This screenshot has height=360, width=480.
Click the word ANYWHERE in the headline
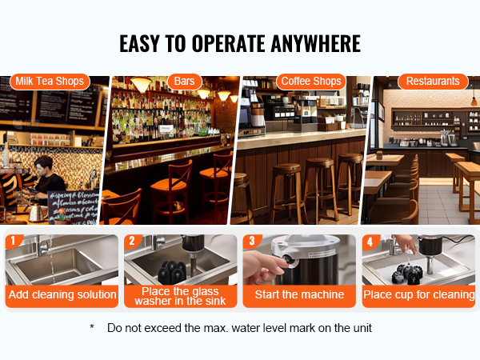point(316,43)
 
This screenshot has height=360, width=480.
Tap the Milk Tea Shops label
point(50,82)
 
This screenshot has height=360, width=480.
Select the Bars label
point(184,82)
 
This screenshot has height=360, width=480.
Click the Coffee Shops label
point(311,82)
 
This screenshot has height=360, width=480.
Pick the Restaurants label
point(433,82)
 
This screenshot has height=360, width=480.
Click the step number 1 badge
point(13,241)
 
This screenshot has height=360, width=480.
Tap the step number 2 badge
point(132,241)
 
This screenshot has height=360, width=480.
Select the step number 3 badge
point(252,241)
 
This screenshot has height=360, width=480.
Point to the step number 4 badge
point(370,242)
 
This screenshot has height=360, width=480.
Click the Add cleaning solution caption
point(62,294)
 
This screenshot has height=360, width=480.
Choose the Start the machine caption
point(299,294)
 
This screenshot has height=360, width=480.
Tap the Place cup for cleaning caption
point(418,294)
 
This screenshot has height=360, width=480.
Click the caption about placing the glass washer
point(180,296)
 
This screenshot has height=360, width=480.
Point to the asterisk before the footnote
point(92,327)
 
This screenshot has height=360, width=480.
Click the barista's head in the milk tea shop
point(44,166)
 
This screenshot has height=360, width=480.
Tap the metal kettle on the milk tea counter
point(38,213)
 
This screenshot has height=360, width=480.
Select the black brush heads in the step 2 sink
point(172,272)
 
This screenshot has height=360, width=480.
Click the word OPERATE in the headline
point(228,43)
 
